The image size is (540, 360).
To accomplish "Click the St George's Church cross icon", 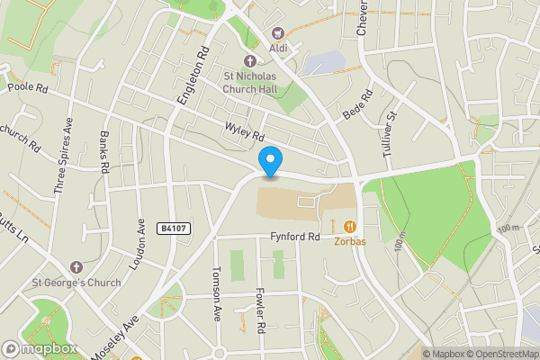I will click(x=76, y=267).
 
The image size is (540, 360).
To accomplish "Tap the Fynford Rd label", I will click(x=294, y=238).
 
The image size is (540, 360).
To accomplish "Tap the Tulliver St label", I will click(x=389, y=135).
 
